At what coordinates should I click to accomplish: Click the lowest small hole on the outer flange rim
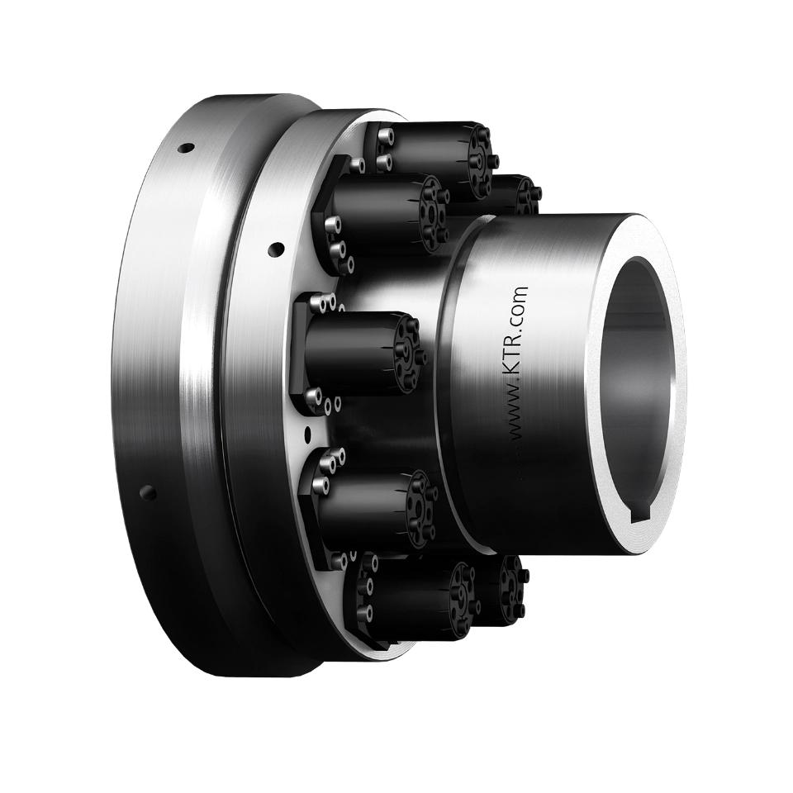pyautogui.click(x=149, y=493)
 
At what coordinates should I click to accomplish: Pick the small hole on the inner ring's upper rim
pyautogui.click(x=275, y=246)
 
